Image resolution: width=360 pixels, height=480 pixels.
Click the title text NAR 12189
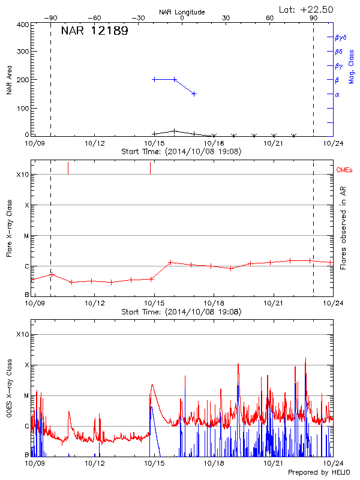point(94,32)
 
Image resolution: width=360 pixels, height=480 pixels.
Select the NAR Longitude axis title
point(182,12)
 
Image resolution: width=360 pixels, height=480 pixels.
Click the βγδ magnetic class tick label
point(341,37)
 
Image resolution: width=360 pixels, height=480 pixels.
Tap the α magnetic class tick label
point(337,94)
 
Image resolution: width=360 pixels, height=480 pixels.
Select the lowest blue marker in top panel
point(194,94)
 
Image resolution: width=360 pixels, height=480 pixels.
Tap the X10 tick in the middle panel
point(23,175)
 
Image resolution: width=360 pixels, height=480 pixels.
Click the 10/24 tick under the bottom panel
point(332,463)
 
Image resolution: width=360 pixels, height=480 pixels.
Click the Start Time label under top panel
point(182,152)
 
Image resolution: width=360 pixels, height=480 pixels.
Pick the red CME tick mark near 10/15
point(150,168)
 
